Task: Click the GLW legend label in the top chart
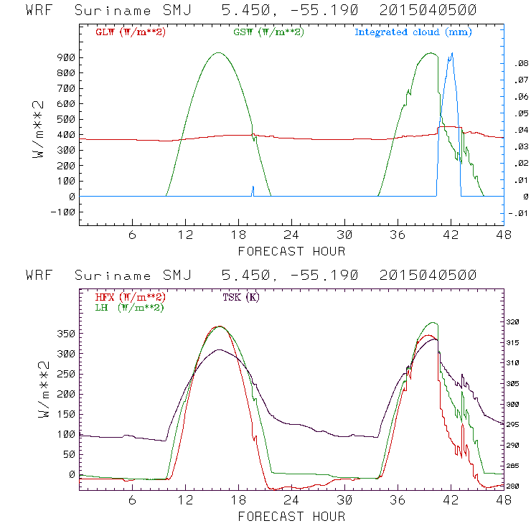[131, 32]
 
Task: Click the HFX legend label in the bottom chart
[130, 296]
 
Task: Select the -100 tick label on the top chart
[63, 212]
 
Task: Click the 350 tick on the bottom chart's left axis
[65, 334]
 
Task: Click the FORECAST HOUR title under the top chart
[291, 251]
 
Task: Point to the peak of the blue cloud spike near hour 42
[451, 53]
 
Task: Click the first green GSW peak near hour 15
[218, 52]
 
